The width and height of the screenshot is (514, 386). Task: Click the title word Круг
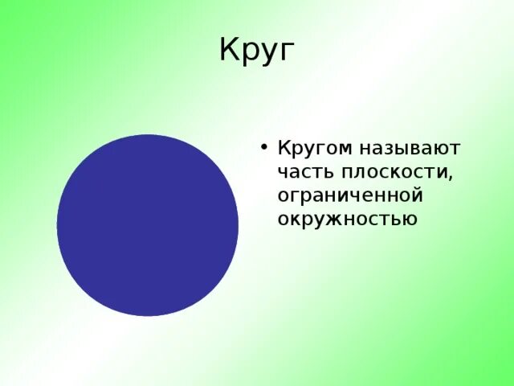[x=257, y=51]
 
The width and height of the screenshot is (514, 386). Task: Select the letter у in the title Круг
[x=267, y=55]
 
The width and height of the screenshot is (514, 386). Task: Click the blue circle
[x=148, y=225]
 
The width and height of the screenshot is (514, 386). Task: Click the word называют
[x=410, y=149]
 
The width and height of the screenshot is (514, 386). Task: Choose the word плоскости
[x=393, y=172]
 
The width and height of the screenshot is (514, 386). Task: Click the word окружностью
[x=347, y=219]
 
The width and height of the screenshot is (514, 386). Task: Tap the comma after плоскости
[x=455, y=178]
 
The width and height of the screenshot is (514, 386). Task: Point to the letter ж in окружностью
[x=327, y=219]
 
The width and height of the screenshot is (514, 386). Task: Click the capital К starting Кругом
[x=284, y=148]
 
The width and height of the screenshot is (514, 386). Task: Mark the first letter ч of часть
[x=283, y=172]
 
